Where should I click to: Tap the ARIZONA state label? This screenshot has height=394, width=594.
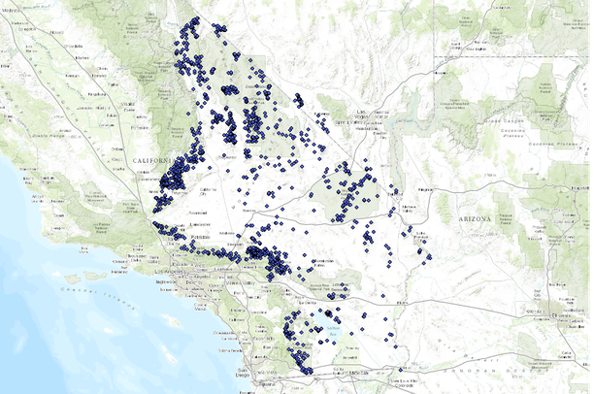coord(474,220)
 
